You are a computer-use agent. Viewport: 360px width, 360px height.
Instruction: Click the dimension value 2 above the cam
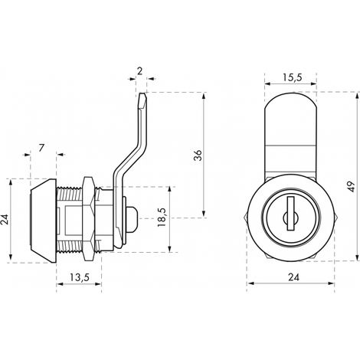click(139, 71)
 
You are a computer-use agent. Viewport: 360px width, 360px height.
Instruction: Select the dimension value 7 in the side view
click(41, 148)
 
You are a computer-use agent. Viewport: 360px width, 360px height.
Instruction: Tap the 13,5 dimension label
click(80, 277)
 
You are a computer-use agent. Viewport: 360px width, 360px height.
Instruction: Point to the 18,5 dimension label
click(162, 217)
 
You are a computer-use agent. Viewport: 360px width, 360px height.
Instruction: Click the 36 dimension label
click(198, 155)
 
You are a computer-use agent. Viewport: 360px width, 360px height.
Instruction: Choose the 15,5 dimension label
click(292, 77)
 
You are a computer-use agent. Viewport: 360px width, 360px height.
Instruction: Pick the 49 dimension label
click(352, 187)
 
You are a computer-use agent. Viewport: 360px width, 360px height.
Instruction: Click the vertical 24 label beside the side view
click(5, 219)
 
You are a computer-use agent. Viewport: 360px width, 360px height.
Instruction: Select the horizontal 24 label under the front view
click(293, 277)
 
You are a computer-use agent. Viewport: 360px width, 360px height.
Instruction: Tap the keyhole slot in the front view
click(290, 213)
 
